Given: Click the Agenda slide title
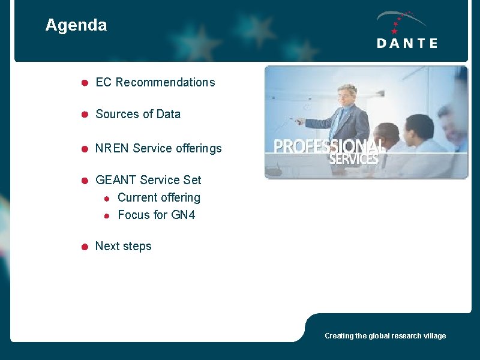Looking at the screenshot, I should point(76,25).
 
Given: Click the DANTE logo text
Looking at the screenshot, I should point(407,43).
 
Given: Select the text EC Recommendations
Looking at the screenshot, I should point(155,82).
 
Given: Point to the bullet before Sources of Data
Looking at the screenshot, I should point(85,114).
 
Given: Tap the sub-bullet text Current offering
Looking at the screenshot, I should point(159,197).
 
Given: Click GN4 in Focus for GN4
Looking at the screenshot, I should point(183,215).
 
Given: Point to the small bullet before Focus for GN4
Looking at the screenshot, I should point(106,215).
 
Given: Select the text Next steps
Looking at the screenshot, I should point(124,246).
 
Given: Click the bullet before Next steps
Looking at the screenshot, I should point(85,247).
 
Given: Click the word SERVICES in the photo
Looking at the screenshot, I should point(353,160).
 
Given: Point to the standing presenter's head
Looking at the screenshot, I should point(346,95).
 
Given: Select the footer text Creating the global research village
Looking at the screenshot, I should point(385,336).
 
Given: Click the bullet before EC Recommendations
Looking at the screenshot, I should point(85,83).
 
